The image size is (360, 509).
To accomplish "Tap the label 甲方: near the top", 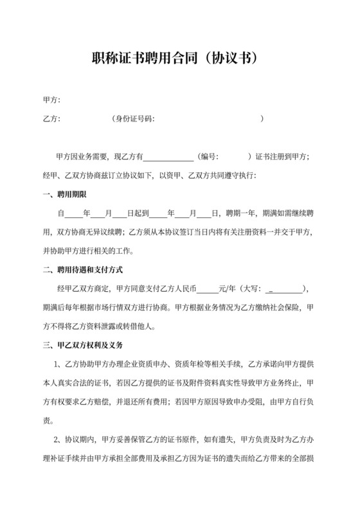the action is click(51, 100).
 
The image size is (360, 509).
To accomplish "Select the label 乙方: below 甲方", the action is click(51, 119).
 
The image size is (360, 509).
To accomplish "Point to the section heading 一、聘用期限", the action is click(64, 194).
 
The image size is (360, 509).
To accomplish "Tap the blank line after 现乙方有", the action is click(168, 157).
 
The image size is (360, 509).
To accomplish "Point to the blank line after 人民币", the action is click(208, 289).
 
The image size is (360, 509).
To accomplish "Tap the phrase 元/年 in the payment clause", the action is click(228, 289).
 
